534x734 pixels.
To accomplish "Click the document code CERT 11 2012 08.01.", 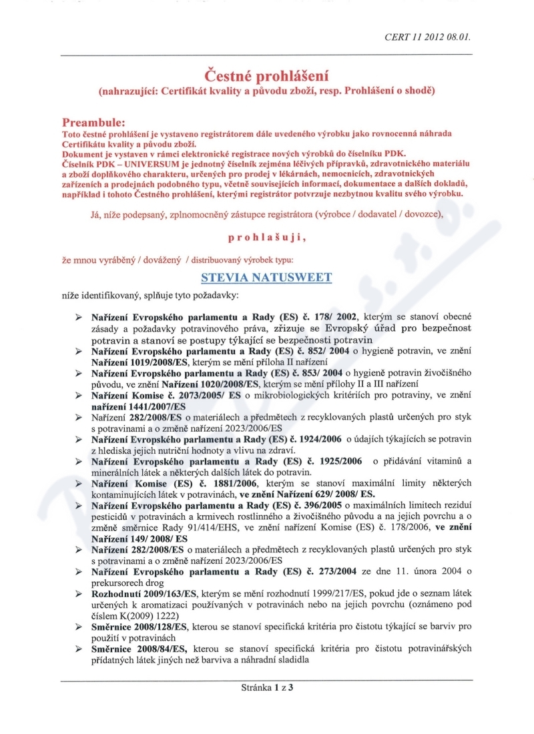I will (x=428, y=37).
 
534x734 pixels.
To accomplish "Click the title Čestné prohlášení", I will (x=266, y=75).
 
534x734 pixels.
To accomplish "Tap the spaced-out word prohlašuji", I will (x=267, y=236).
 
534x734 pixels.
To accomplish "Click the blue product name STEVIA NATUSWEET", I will (x=266, y=276).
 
